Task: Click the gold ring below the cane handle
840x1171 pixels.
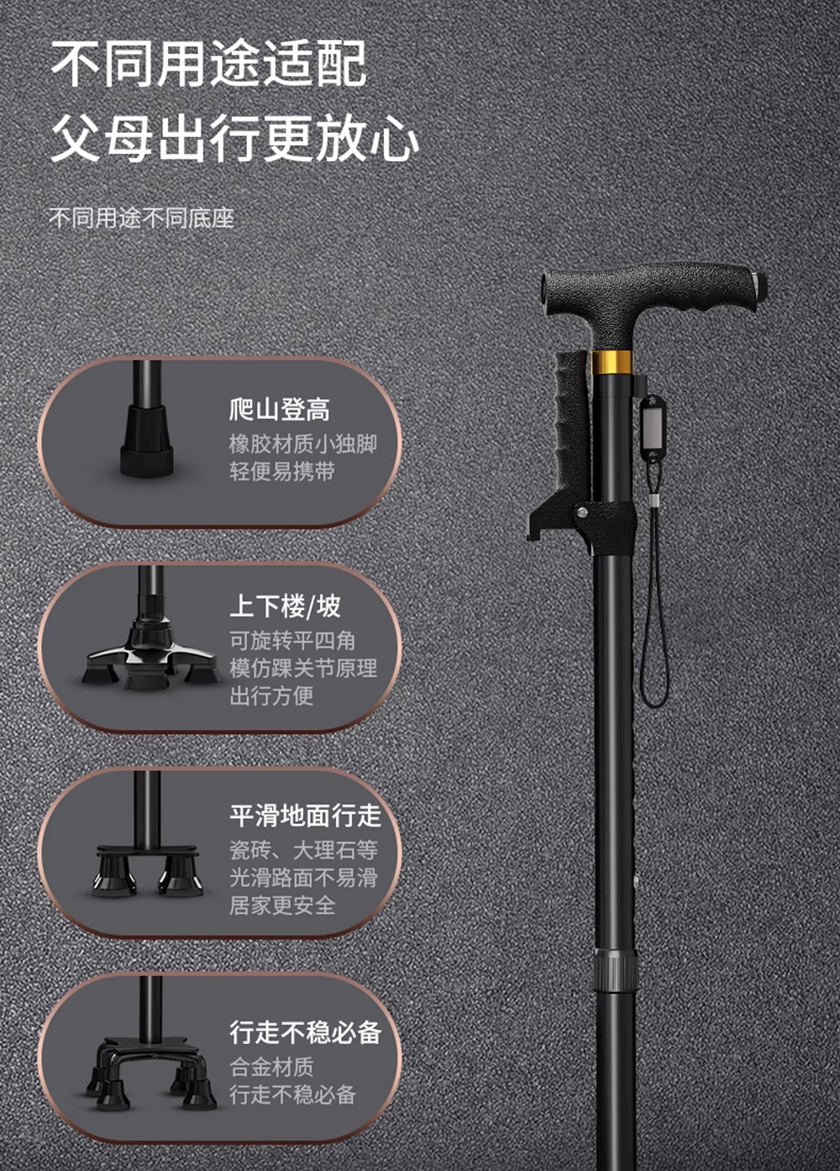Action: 611,362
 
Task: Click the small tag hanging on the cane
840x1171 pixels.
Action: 654,428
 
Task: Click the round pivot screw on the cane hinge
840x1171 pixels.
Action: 582,511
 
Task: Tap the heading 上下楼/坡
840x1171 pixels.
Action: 285,607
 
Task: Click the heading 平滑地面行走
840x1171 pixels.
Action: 306,816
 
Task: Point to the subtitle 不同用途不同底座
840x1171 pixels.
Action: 142,218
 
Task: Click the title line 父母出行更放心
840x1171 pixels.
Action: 235,139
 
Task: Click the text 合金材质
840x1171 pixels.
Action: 272,1067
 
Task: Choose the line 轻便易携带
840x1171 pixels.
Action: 282,471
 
